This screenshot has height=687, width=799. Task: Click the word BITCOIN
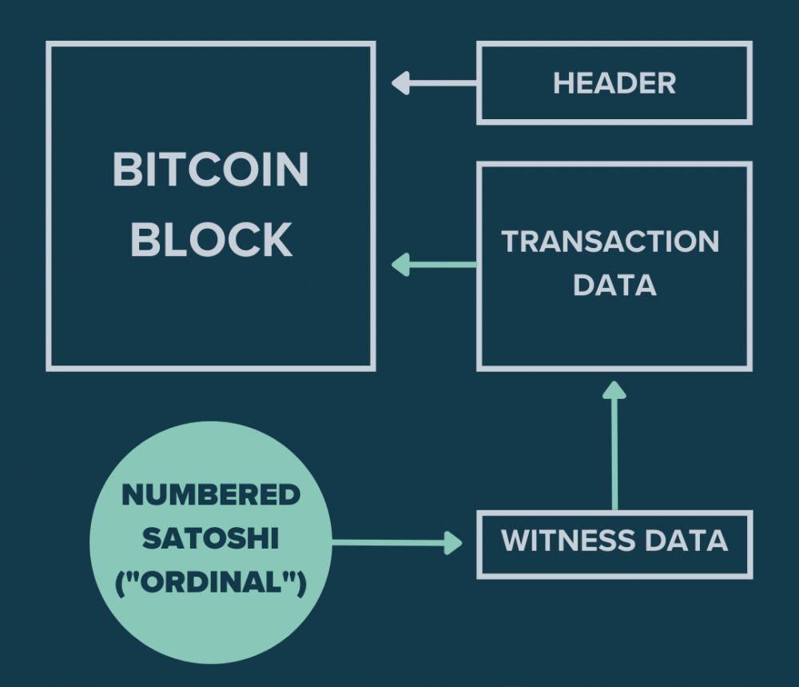210,170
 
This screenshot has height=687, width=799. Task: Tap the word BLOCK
212,240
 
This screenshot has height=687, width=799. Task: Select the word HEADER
614,83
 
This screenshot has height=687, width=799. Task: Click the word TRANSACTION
610,242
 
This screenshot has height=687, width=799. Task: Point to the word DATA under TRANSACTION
615,285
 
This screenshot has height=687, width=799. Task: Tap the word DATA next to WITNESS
686,541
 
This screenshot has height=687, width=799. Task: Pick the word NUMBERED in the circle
211,495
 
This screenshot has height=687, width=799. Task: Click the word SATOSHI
210,538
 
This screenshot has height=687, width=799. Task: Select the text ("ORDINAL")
211,582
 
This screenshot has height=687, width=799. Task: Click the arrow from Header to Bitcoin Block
434,83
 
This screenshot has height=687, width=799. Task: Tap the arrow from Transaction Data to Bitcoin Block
434,265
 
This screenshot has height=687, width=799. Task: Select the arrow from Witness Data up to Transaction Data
614,445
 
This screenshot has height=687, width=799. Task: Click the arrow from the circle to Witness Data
397,543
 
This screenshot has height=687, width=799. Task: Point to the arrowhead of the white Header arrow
401,83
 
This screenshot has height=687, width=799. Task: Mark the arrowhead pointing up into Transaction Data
614,390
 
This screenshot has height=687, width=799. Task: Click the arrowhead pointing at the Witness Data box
453,543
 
